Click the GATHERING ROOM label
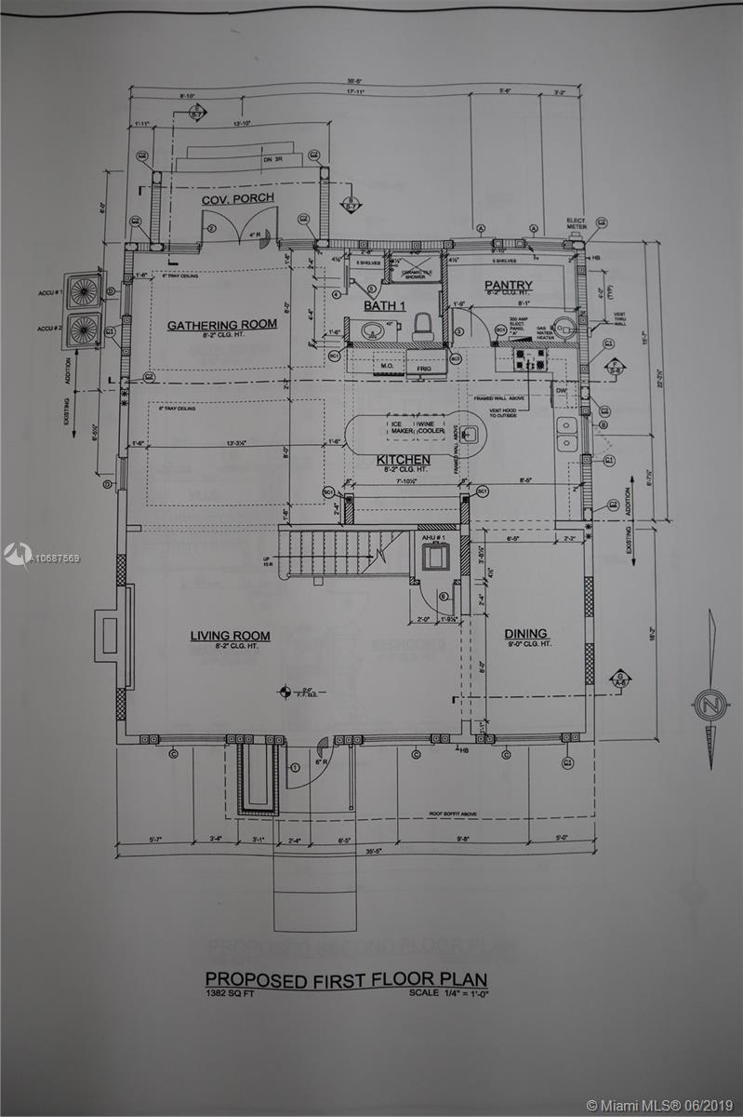click(222, 325)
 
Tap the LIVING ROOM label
click(230, 636)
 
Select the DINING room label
click(526, 634)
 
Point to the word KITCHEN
click(403, 460)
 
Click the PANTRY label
click(508, 286)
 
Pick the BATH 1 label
click(385, 305)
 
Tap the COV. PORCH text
click(238, 199)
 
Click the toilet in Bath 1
click(422, 327)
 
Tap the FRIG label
click(424, 369)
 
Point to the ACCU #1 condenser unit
click(85, 290)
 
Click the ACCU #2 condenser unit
click(85, 329)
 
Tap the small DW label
click(561, 391)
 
